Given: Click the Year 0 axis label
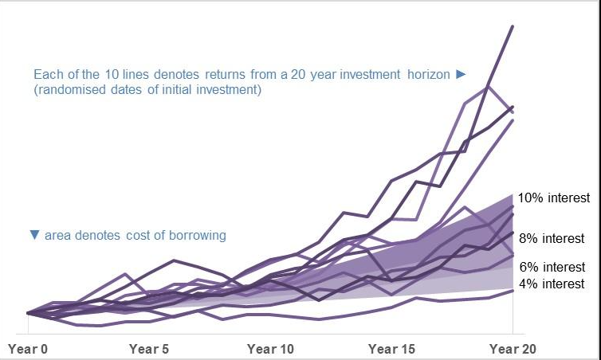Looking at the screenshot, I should [x=28, y=349].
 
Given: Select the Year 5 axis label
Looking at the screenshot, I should [x=148, y=349].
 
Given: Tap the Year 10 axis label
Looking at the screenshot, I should [x=270, y=349].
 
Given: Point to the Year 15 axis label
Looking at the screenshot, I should [x=391, y=349].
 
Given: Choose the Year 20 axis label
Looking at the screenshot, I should [x=513, y=349].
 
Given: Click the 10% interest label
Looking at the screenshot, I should [x=553, y=198].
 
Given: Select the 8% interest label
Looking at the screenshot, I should [x=551, y=238].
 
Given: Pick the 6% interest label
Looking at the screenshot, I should [x=552, y=267].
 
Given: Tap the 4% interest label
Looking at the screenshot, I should [x=552, y=284].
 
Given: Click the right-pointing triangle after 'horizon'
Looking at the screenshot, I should [x=460, y=74].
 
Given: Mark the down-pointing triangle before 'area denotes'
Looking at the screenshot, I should [x=34, y=236].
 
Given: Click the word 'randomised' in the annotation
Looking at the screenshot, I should [x=71, y=90].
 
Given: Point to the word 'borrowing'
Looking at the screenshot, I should [x=200, y=236].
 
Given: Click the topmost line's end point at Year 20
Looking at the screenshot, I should [x=513, y=26].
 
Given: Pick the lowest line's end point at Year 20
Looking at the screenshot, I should [x=513, y=291].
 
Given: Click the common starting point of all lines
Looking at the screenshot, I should [x=28, y=313].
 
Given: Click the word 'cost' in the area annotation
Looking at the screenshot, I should [x=140, y=236].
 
